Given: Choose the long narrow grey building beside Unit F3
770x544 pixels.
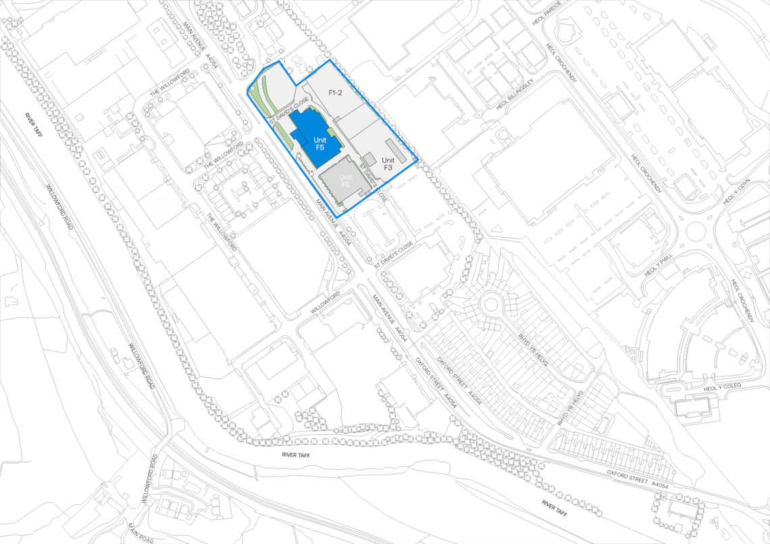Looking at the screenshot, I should [x=396, y=151].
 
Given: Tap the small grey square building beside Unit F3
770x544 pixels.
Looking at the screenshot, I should [x=369, y=159].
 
